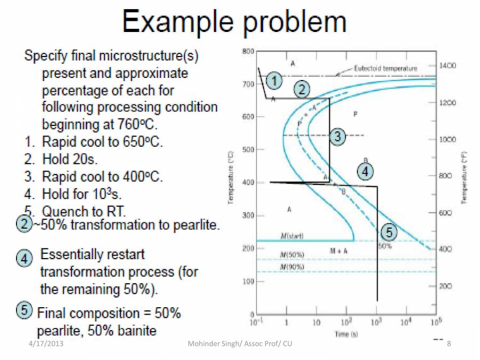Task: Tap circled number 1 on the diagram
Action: (274, 81)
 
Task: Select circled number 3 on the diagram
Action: (337, 137)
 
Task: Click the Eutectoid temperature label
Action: (386, 68)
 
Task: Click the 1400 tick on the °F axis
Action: (447, 66)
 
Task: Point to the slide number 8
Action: (449, 343)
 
